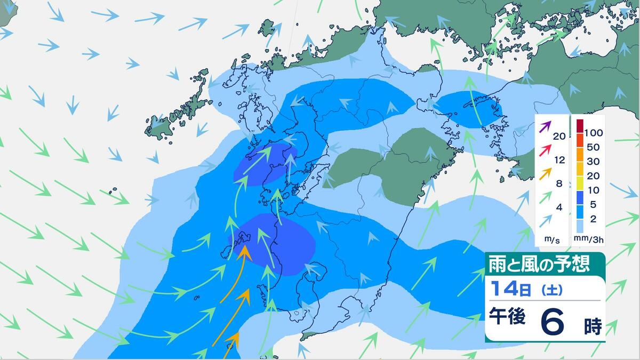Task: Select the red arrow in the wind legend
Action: [545, 151]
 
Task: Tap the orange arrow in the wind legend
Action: [545, 174]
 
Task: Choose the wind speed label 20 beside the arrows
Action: [559, 136]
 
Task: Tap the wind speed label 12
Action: [559, 159]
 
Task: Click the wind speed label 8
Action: [559, 183]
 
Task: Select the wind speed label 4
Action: [559, 207]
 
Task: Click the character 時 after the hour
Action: [592, 325]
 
